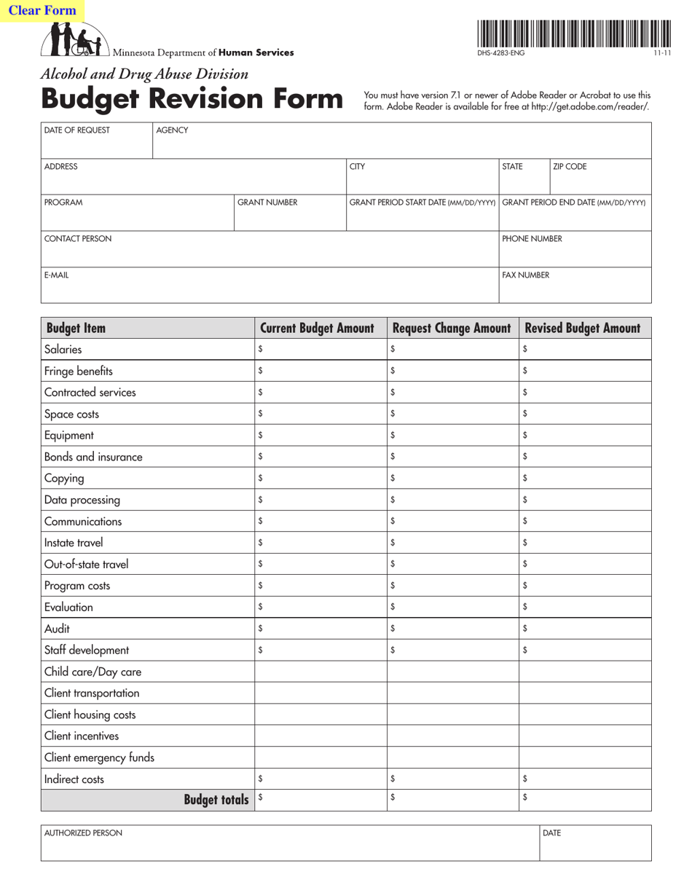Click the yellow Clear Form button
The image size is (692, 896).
pos(42,11)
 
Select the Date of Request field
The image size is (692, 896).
pos(96,146)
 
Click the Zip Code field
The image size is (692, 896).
pos(599,181)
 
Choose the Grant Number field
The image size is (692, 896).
pos(289,217)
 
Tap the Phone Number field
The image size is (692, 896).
pos(574,254)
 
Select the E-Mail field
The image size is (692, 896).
pos(269,290)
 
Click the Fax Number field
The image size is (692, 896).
pos(574,290)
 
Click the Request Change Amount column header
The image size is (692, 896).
pos(452,329)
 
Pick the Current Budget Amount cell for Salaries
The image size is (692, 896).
pos(321,350)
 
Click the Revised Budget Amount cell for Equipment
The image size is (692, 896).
pos(585,436)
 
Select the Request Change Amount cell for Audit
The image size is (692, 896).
pos(452,629)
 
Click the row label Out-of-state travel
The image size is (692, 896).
pos(76,565)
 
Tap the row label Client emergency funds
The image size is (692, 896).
pos(99,758)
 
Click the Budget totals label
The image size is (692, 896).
pos(216,801)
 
